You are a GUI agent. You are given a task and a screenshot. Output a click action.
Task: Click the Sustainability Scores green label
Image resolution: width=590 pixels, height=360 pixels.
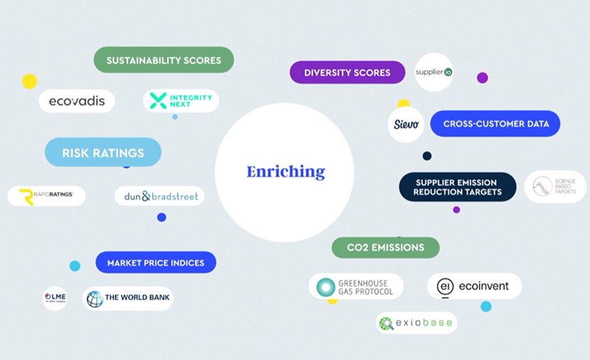[164, 60]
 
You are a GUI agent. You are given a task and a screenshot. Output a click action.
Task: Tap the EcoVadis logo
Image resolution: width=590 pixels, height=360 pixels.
[77, 101]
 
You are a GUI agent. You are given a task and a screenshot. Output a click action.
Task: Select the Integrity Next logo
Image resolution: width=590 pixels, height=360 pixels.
[181, 101]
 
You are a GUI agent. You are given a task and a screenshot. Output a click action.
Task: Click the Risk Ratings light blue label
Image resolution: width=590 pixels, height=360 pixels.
[103, 152]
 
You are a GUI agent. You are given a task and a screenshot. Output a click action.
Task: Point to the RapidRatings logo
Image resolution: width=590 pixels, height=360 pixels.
[46, 196]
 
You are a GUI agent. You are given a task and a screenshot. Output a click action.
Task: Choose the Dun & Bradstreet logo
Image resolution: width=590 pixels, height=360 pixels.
[160, 196]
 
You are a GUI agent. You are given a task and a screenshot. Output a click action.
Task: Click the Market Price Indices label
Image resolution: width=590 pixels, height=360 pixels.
[155, 263]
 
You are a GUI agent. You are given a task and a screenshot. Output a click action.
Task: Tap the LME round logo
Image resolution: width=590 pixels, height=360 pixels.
[55, 298]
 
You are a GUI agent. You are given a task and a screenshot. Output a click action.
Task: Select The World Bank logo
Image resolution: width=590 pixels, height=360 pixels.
[128, 298]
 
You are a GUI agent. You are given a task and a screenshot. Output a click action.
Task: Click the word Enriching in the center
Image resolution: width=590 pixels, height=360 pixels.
[285, 171]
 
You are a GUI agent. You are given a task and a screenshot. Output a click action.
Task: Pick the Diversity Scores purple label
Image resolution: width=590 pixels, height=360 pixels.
[347, 73]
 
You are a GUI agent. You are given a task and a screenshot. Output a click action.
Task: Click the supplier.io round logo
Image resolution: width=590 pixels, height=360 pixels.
[434, 72]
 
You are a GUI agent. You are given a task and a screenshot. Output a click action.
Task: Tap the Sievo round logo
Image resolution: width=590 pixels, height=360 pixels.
[406, 124]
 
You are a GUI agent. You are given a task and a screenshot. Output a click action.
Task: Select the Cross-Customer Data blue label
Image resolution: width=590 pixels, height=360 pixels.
[496, 124]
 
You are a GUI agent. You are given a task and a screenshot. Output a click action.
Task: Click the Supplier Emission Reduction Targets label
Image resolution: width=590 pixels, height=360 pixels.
[457, 187]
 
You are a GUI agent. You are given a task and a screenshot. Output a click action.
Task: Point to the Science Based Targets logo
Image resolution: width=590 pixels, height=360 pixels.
[555, 187]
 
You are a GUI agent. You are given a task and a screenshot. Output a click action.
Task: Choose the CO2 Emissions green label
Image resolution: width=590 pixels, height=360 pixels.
[385, 247]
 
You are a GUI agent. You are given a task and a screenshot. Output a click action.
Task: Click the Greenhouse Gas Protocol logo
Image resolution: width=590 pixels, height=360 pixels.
[356, 287]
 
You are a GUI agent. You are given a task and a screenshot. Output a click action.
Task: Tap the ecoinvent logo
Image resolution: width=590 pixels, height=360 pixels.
[474, 286]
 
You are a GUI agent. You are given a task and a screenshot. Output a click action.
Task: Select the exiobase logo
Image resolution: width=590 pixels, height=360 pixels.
[417, 323]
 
